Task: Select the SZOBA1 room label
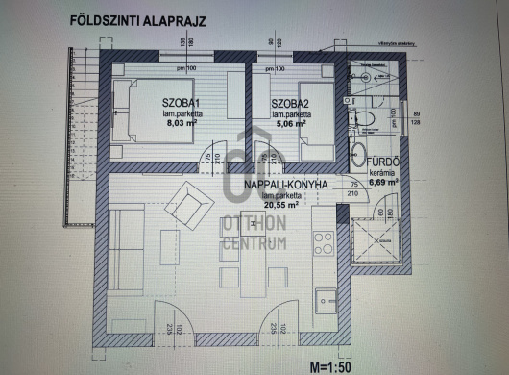pos(179,101)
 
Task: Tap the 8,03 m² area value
pos(181,123)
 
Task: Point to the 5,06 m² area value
pos(288,123)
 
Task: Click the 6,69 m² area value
pos(382,179)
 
